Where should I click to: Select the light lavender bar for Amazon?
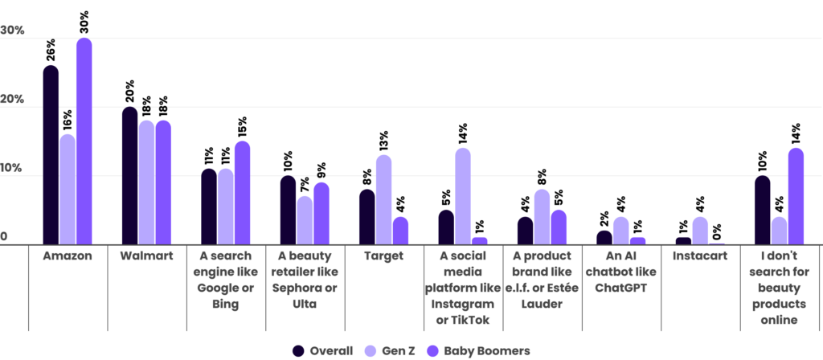pos(68,189)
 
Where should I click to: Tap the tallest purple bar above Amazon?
pos(84,141)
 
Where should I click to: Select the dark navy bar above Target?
pos(366,215)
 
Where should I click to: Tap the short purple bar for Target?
pos(400,230)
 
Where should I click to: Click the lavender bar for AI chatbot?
pos(620,230)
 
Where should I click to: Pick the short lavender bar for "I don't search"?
pos(779,230)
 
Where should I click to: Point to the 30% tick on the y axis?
pos(13,31)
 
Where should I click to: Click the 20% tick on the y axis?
pos(13,99)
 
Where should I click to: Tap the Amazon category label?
pos(68,256)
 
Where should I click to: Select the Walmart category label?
pos(146,256)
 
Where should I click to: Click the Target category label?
pos(384,256)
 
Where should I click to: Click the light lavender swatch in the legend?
pos(371,351)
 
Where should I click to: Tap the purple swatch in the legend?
pos(434,351)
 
